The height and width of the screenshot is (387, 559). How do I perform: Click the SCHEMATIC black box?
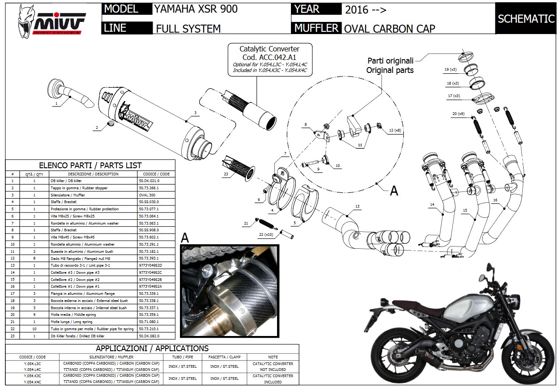pos(526,18)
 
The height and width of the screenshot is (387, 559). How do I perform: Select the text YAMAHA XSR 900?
pos(196,9)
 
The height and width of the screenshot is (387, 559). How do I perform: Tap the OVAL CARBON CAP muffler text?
pos(389,28)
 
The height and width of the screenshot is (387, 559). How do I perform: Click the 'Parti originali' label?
pos(390,60)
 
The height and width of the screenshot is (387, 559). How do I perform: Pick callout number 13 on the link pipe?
pos(357,206)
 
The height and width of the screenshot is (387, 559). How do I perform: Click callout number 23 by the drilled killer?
pos(226,174)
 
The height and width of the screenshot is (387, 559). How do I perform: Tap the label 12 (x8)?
pos(394,130)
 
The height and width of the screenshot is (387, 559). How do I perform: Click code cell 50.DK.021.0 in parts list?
pos(149,181)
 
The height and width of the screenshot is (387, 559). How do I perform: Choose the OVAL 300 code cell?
pos(149,195)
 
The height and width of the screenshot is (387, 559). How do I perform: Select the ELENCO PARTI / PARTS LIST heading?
pos(90,165)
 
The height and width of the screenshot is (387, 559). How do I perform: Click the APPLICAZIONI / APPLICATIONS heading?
pos(152,348)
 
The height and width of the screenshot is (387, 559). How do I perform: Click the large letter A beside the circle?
pos(394,191)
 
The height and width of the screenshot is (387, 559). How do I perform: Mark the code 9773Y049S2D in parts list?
pos(150,265)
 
